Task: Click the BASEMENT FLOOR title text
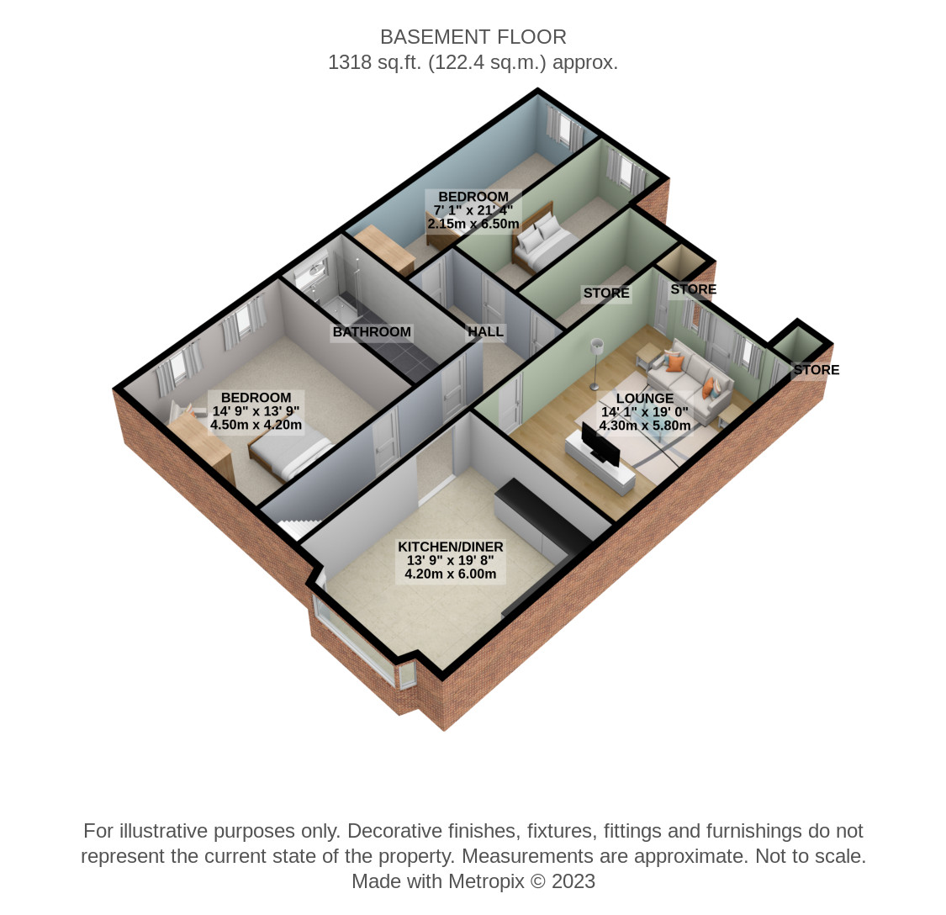(473, 37)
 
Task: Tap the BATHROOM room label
(372, 332)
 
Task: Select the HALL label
(486, 331)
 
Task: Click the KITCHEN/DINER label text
(450, 547)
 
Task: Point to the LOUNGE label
(644, 399)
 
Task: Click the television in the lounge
(600, 444)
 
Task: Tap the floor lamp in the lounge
(596, 363)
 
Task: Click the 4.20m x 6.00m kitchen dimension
(450, 574)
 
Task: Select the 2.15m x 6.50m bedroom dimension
(473, 224)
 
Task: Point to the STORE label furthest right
(817, 369)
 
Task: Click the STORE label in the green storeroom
(606, 294)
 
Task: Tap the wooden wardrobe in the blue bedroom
(383, 250)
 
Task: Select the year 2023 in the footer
(573, 881)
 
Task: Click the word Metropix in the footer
(486, 881)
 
